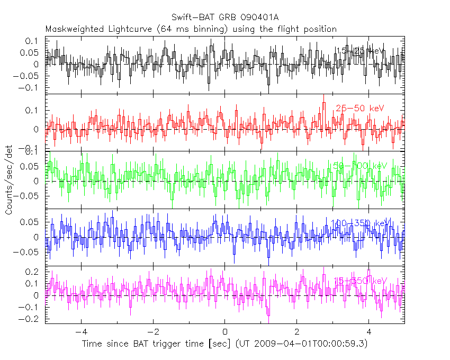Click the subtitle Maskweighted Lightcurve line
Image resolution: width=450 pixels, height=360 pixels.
[191, 29]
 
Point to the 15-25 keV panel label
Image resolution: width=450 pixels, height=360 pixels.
[360, 51]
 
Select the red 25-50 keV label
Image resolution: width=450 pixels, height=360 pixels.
[360, 108]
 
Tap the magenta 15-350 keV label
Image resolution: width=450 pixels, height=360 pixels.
[360, 280]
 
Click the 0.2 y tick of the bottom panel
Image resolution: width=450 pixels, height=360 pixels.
[34, 272]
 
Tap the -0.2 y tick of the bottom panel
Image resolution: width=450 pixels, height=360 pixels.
[32, 319]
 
